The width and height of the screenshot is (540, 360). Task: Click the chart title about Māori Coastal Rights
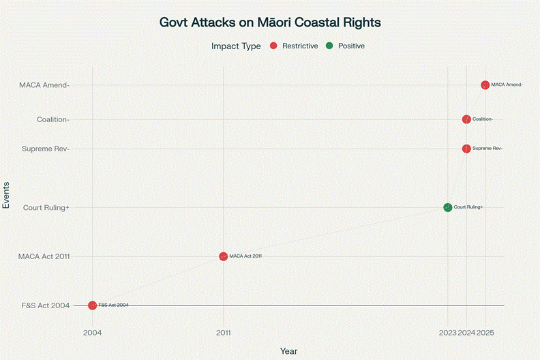(270, 22)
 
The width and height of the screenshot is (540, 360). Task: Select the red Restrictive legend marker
(273, 46)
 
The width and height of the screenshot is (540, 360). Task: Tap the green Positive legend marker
(329, 46)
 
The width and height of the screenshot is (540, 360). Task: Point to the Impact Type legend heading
(236, 46)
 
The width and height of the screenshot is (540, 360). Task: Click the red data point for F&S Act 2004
(93, 305)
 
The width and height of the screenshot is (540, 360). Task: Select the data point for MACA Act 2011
(223, 256)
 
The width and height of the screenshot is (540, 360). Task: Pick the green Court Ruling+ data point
(447, 207)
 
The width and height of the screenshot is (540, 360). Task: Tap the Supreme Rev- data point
(466, 149)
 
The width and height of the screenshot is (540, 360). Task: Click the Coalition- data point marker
(466, 119)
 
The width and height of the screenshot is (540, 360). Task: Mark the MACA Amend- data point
(485, 85)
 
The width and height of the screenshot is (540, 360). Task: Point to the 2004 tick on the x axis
(93, 333)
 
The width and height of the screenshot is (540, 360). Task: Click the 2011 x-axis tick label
(223, 333)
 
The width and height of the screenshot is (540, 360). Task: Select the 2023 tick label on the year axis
(448, 333)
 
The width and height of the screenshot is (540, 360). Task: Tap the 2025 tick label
(486, 333)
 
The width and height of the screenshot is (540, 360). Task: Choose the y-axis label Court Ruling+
(46, 207)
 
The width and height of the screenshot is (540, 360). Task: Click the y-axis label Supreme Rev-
(46, 149)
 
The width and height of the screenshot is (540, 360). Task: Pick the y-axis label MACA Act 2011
(44, 256)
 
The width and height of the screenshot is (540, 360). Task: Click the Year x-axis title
(288, 350)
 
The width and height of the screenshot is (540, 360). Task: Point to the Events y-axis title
(7, 194)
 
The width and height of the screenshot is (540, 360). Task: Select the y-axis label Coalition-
(53, 119)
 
